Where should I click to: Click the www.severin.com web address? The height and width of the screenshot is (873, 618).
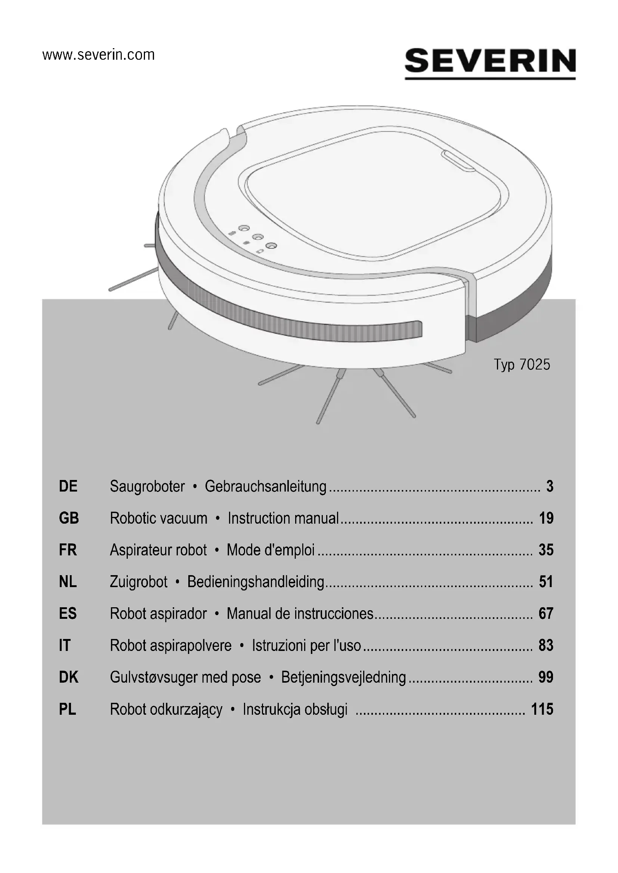point(99,55)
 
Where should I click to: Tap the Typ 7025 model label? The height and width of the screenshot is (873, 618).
point(522,365)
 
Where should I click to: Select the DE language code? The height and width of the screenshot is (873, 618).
point(68,486)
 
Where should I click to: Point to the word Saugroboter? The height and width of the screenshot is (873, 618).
point(147,487)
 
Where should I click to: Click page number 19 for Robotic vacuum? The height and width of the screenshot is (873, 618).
point(546,518)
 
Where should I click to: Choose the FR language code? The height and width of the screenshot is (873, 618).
point(68,550)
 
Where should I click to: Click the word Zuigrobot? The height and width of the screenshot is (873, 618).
point(139,582)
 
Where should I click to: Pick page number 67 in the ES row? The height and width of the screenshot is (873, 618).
point(546,614)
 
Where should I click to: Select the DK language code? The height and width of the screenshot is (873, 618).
point(68,677)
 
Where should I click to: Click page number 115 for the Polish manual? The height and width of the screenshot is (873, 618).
point(542,710)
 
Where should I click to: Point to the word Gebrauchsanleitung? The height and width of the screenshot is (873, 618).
point(266,487)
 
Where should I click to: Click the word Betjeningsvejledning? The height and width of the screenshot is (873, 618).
point(344,678)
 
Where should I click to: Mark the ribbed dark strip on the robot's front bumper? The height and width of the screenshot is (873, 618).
point(305,319)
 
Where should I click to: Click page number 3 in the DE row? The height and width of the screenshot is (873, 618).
point(550,486)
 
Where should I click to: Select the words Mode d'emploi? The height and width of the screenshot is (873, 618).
point(271,550)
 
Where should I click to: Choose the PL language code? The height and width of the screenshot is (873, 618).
point(68,710)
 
